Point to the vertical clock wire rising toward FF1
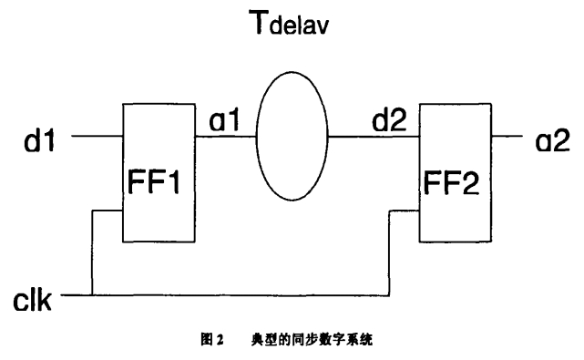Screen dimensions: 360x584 tap(92, 255)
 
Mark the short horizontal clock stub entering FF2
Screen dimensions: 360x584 tap(405, 212)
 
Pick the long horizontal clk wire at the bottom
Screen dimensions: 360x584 tap(237, 296)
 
